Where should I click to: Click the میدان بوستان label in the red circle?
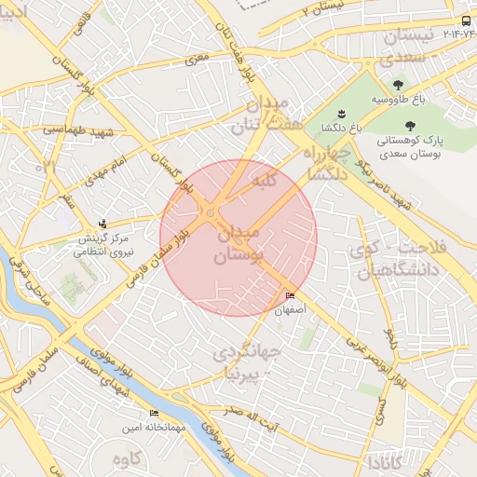[240, 243]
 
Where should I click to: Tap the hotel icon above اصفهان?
[291, 296]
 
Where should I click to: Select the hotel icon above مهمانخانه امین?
[154, 414]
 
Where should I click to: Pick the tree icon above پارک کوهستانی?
[411, 124]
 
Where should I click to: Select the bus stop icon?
[466, 20]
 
